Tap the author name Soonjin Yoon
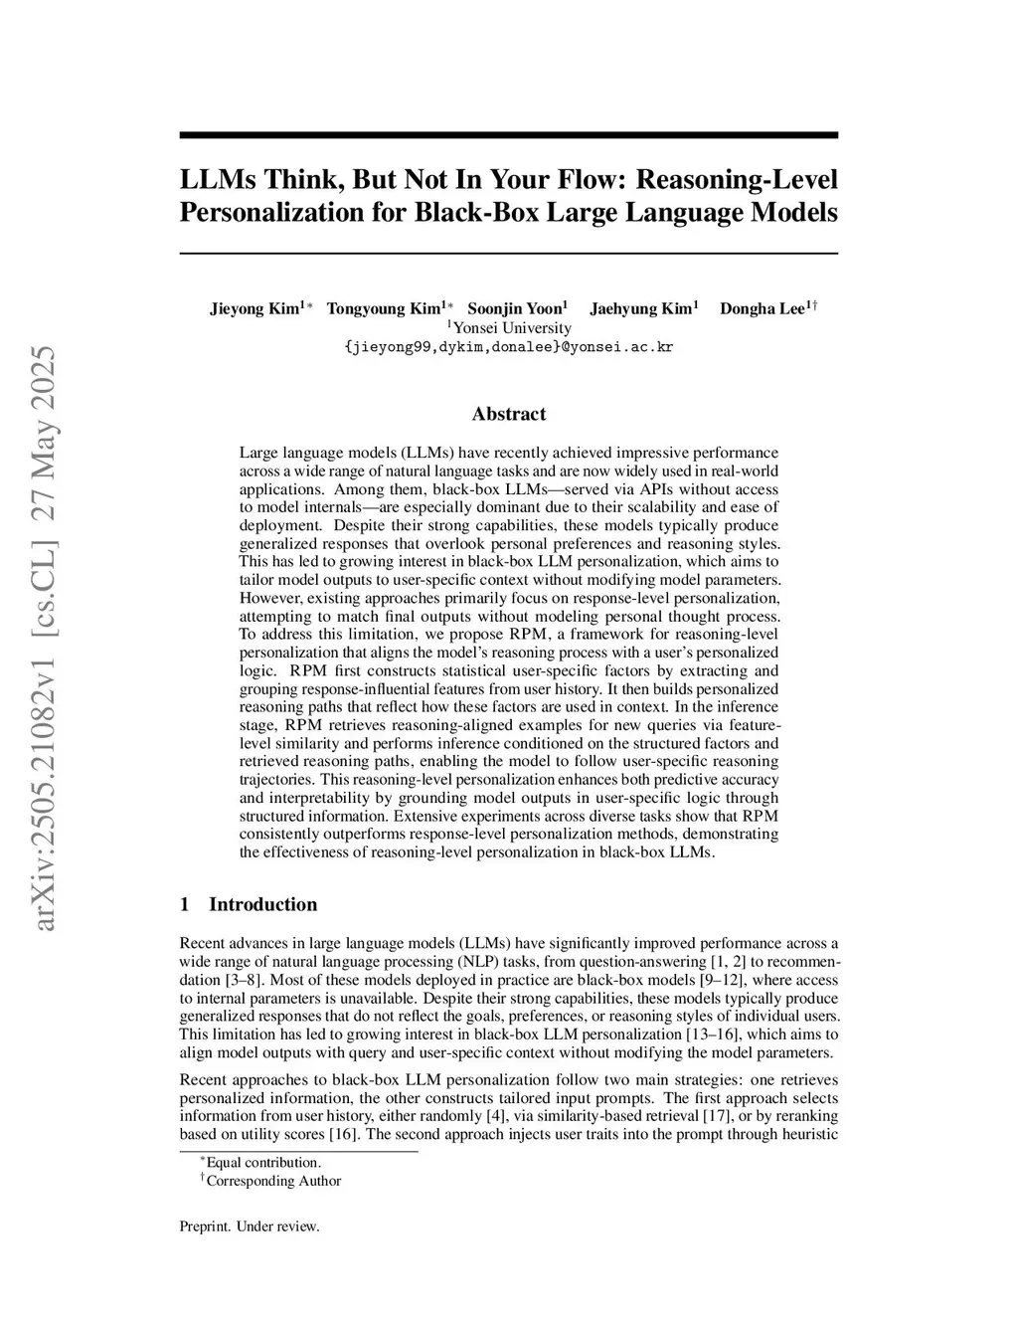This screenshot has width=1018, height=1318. tap(514, 308)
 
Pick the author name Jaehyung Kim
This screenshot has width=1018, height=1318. tap(640, 308)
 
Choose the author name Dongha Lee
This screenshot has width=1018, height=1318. tap(763, 308)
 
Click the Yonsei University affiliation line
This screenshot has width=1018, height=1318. tap(509, 327)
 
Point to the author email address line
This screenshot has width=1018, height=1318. tap(509, 347)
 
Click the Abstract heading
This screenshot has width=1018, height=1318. tap(509, 414)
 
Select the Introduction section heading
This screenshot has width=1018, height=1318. tap(262, 904)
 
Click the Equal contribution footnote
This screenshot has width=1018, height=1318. tap(262, 1162)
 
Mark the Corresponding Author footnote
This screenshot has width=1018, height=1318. tap(272, 1181)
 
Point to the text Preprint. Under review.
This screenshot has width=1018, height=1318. tap(250, 1225)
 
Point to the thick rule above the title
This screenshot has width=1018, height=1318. tap(509, 135)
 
